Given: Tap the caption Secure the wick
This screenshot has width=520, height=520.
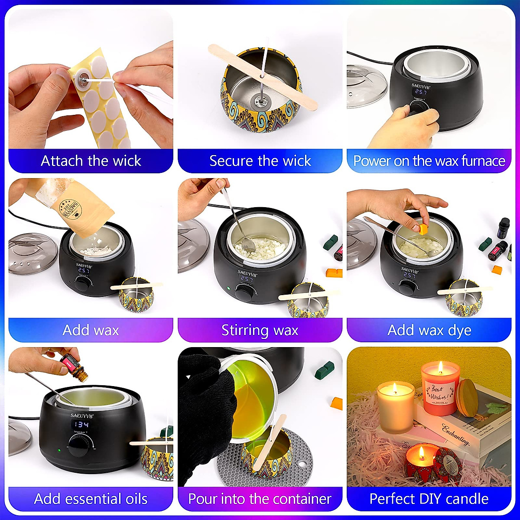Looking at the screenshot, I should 260,161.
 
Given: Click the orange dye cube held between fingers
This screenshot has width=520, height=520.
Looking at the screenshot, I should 423,229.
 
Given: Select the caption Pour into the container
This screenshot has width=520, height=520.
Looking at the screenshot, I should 260,499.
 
